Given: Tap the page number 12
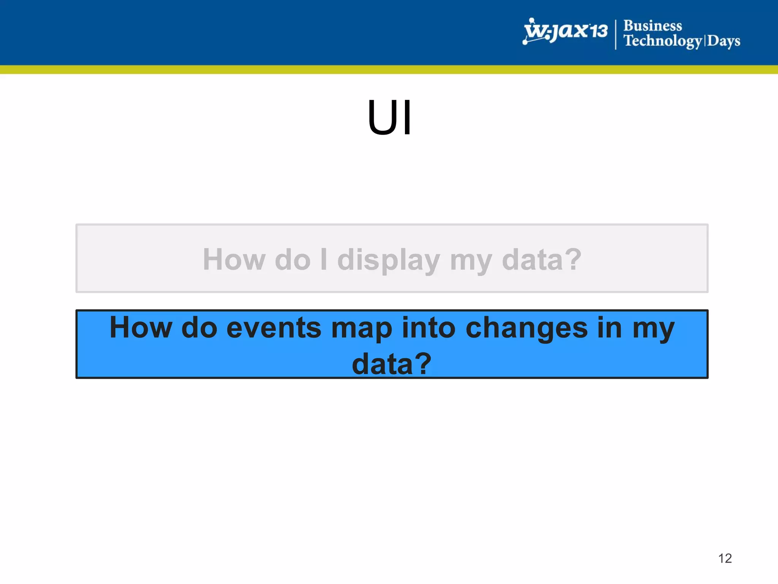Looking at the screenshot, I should point(725,558).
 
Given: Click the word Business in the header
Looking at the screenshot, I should point(653,26).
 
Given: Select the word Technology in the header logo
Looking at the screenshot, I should point(663,41).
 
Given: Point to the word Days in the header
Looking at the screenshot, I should point(724,41).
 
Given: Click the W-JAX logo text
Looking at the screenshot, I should point(557,31).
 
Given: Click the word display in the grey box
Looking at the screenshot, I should point(389,260).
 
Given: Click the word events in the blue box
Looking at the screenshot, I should point(274,328).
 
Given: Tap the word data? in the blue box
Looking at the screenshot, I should point(392,363).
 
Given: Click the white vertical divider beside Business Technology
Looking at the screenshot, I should point(616,35).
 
